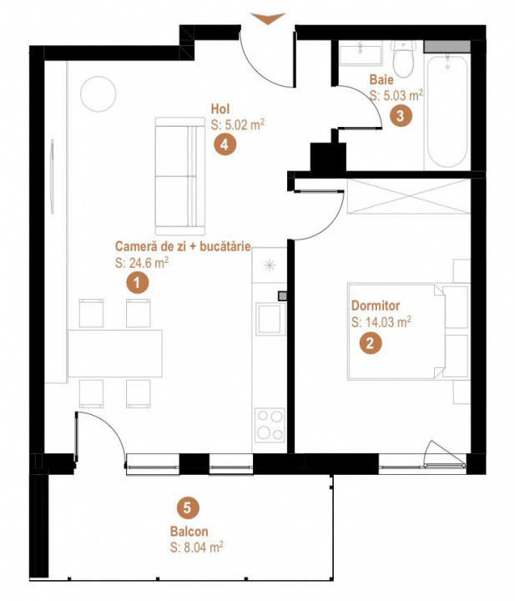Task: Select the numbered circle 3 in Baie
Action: pyautogui.click(x=401, y=116)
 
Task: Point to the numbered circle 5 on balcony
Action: pyautogui.click(x=189, y=507)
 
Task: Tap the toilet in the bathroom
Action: pyautogui.click(x=404, y=58)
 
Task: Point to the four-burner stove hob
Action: pyautogui.click(x=270, y=423)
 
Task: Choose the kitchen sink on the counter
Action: pyautogui.click(x=270, y=321)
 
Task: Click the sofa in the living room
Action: pyautogui.click(x=179, y=176)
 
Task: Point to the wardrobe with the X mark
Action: pyautogui.click(x=409, y=196)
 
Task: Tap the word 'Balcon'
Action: pyautogui.click(x=188, y=531)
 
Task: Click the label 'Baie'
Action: pyautogui.click(x=381, y=80)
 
